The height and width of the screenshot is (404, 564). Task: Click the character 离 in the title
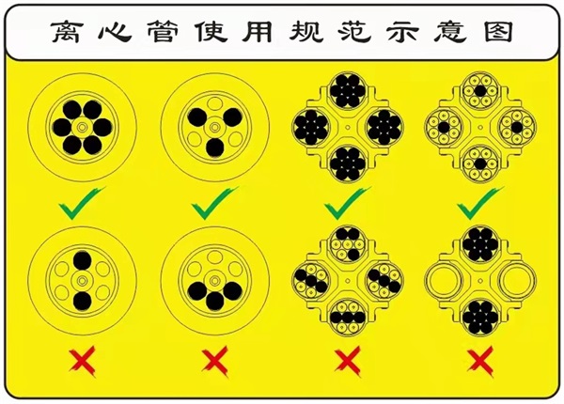[x=66, y=32]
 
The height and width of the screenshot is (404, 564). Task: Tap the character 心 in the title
[x=115, y=32]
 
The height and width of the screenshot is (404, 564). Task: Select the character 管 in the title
[x=163, y=32]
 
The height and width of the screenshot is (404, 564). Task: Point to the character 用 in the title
[x=258, y=32]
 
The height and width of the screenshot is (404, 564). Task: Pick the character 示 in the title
[x=403, y=32]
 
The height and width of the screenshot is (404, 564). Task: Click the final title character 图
[x=498, y=32]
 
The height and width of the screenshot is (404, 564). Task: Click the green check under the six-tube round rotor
[x=82, y=203]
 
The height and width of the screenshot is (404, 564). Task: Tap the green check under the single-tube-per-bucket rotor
[x=480, y=203]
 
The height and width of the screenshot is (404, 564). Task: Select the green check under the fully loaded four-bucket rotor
[x=348, y=203]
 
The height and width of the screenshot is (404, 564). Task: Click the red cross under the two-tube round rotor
[x=83, y=361]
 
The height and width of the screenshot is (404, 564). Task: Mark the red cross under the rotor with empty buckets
[x=480, y=361]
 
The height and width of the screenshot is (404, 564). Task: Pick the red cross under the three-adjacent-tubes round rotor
[x=215, y=361]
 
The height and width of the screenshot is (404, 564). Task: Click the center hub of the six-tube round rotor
[x=83, y=127]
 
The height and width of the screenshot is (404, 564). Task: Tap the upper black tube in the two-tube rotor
[x=83, y=260]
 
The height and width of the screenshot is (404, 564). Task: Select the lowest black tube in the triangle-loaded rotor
[x=215, y=148]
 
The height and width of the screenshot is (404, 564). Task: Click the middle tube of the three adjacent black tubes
[x=215, y=301]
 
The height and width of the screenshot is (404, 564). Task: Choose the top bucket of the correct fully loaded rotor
[x=348, y=90]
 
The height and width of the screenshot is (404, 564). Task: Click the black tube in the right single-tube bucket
[x=517, y=127]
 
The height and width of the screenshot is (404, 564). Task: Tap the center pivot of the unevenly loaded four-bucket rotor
[x=348, y=281]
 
